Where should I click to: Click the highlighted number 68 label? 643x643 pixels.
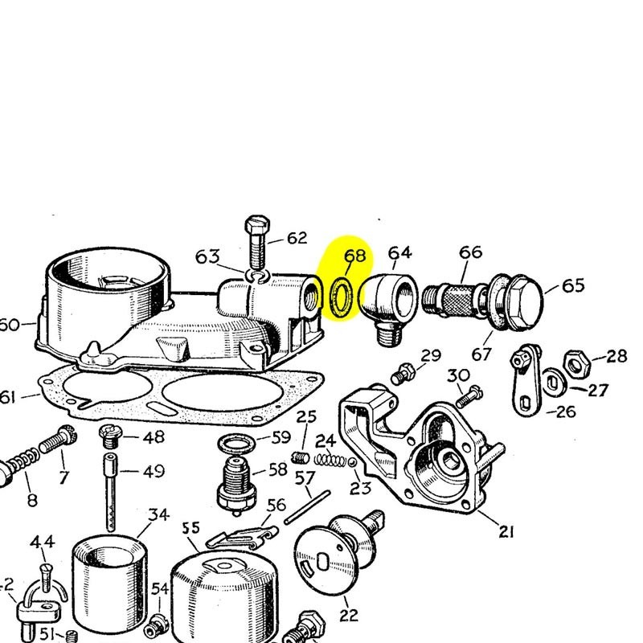coord(354,256)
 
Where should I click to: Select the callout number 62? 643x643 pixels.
coord(297,238)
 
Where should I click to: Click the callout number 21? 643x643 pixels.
coord(506,530)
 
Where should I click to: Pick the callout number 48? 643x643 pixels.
coord(153,436)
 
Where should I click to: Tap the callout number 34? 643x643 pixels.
coord(159,514)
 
